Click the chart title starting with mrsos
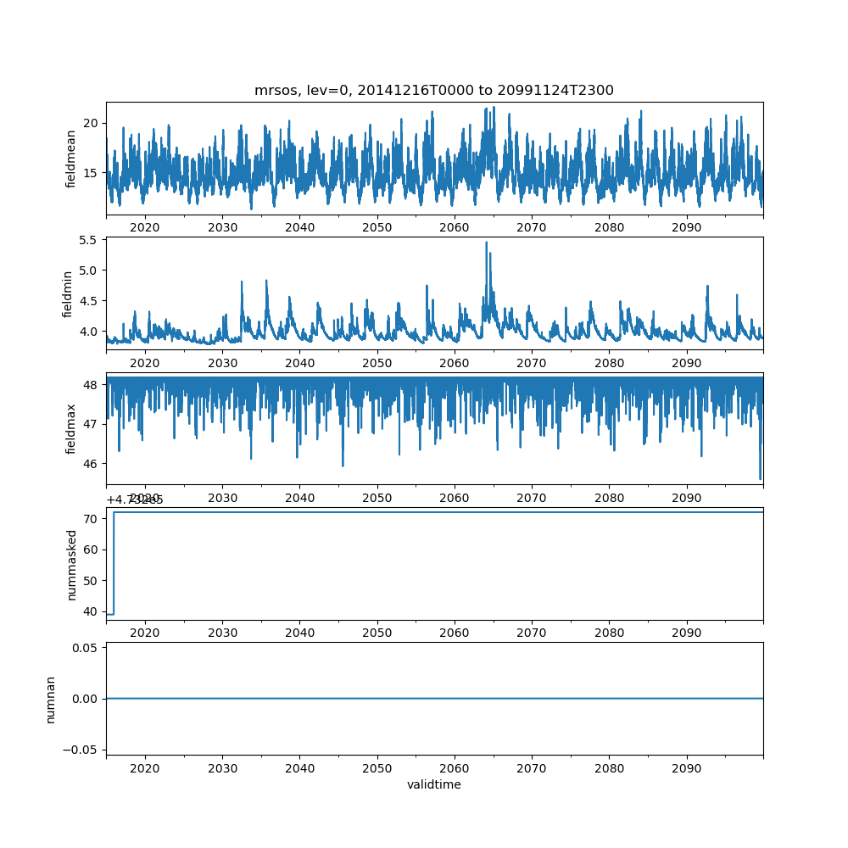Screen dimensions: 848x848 [x=433, y=90]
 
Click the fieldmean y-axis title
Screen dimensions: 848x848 [x=71, y=159]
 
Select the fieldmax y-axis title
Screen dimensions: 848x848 [x=71, y=428]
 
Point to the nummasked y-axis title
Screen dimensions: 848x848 [x=71, y=564]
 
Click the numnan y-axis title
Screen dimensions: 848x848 [x=51, y=699]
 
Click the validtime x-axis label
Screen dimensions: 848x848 [x=433, y=785]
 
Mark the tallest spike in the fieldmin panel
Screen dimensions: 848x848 [x=486, y=243]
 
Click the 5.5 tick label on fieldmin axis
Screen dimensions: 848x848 [x=88, y=240]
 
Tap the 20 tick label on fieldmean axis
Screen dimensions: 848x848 [x=92, y=123]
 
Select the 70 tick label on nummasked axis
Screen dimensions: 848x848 [x=92, y=519]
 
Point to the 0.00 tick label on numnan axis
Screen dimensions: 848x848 [x=83, y=699]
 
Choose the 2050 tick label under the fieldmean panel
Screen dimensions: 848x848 [x=377, y=227]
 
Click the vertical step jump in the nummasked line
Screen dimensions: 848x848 [x=114, y=563]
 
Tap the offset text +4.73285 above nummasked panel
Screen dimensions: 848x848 [x=135, y=500]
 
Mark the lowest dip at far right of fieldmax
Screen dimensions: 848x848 [x=760, y=479]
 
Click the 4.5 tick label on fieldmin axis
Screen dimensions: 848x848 [x=88, y=301]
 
